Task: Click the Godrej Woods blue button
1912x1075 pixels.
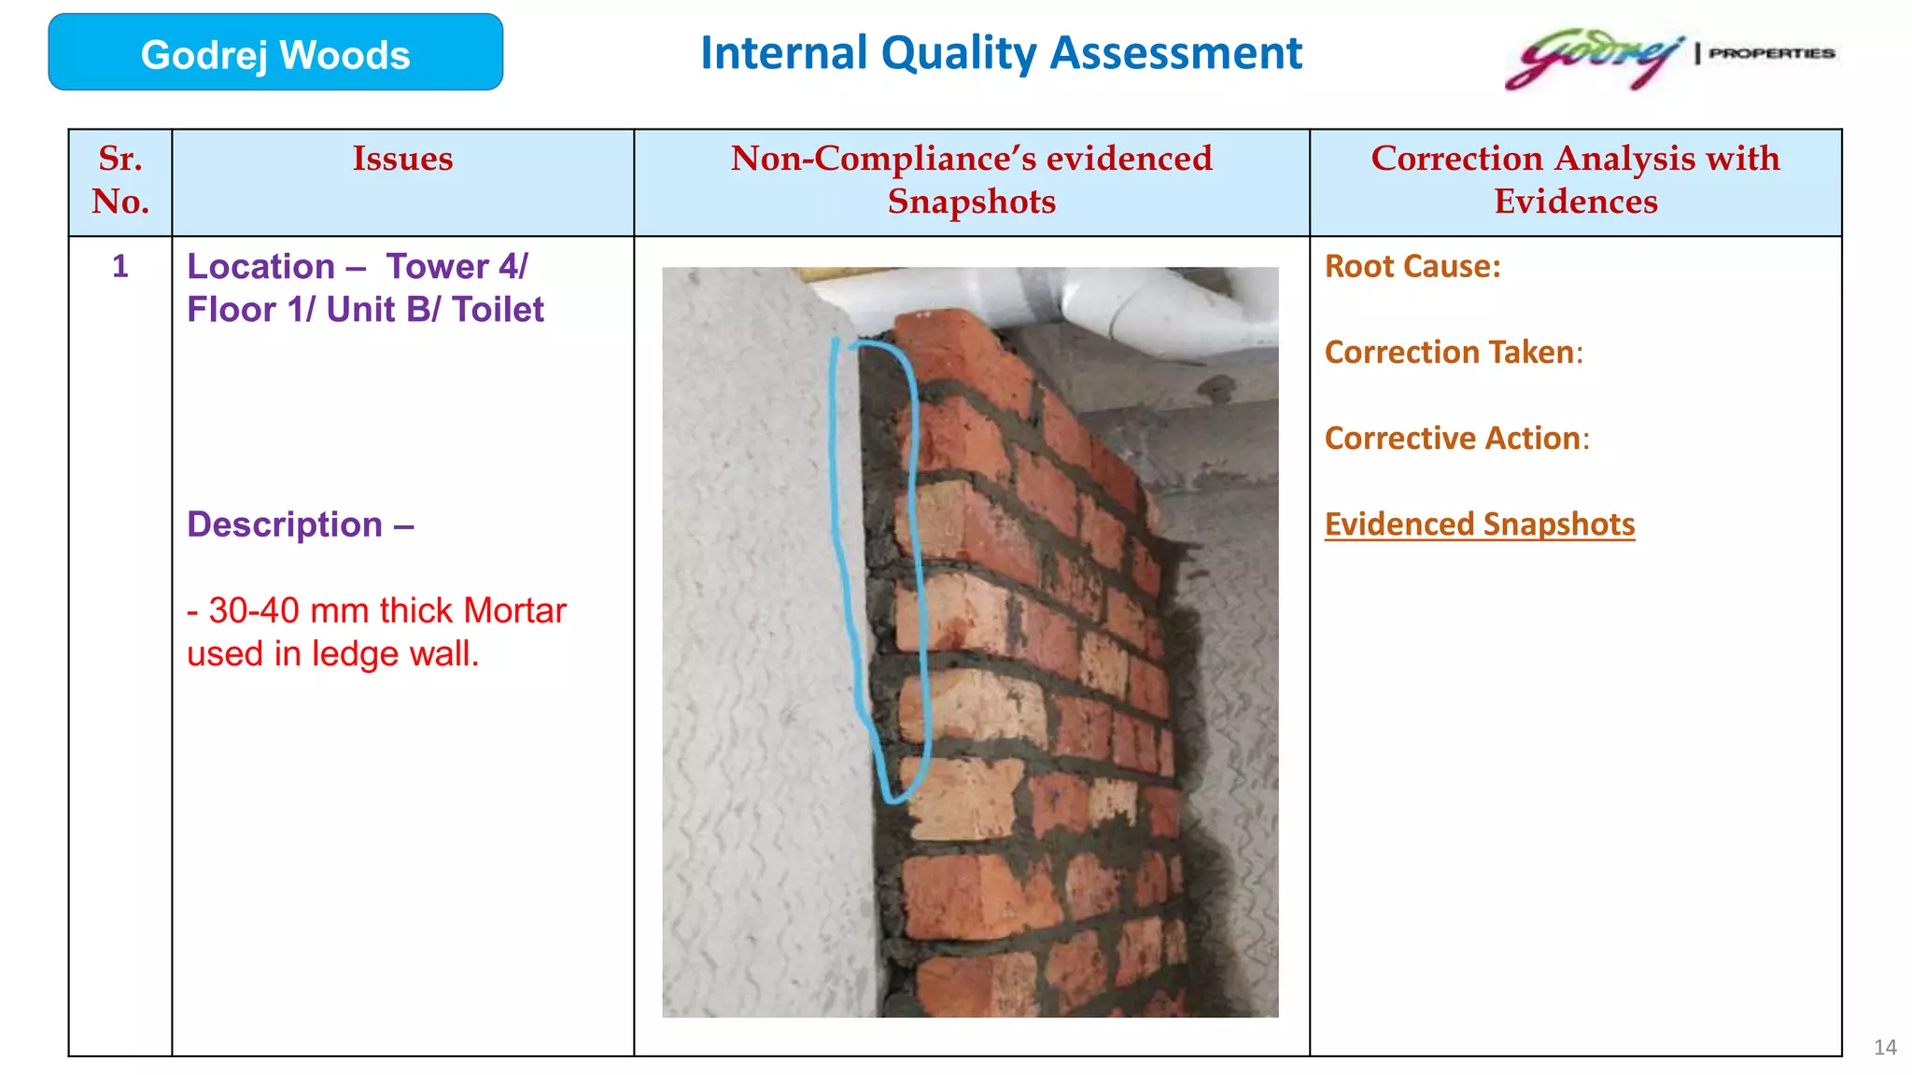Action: coord(275,53)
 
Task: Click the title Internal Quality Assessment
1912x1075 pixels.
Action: coord(1001,53)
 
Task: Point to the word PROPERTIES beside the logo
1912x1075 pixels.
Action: coord(1771,53)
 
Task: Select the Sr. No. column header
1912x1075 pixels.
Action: coord(120,180)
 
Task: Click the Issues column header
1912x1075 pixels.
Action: coord(402,159)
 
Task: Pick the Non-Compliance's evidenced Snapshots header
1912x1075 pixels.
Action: coord(971,180)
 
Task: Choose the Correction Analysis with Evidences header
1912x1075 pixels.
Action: coord(1575,180)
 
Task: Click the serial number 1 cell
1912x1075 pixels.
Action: coord(120,267)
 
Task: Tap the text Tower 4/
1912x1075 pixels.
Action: coord(457,267)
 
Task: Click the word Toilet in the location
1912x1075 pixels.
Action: coord(498,310)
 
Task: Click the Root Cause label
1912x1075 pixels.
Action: coord(1413,267)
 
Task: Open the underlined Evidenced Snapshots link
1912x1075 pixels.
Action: coord(1480,524)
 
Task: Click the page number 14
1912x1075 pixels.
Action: coord(1885,1047)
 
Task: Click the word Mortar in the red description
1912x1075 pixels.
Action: coord(514,611)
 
